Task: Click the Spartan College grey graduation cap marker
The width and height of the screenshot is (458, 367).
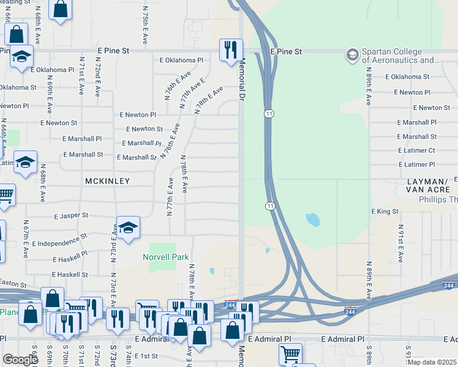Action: [352, 56]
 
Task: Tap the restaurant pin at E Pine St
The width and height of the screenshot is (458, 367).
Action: [231, 50]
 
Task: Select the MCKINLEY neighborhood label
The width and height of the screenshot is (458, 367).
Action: [108, 181]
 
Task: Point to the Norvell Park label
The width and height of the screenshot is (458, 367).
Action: [166, 258]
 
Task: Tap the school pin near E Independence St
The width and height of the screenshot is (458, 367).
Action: [129, 228]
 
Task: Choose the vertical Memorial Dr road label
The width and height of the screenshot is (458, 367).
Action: [242, 80]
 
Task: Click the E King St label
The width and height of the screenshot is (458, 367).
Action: [385, 212]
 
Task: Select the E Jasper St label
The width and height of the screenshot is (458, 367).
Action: [71, 216]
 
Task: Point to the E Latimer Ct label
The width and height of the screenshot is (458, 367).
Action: [416, 150]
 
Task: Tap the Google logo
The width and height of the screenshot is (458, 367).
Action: [20, 359]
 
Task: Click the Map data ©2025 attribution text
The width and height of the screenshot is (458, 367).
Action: [432, 362]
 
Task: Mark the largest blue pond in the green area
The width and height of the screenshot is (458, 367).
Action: [312, 219]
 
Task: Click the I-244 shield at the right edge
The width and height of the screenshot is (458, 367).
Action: [450, 286]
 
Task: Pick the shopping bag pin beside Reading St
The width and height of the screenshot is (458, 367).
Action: [60, 9]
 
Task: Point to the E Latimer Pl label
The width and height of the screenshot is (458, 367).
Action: [416, 165]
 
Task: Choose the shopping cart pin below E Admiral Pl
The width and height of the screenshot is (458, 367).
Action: [290, 354]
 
